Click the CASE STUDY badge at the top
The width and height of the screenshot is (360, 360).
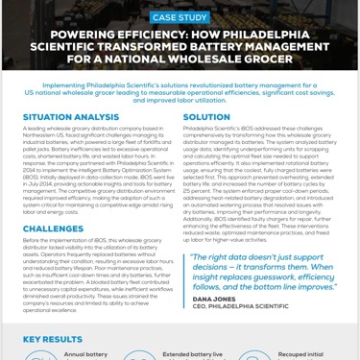click(180, 16)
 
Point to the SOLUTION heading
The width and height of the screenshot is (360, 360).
click(206, 116)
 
